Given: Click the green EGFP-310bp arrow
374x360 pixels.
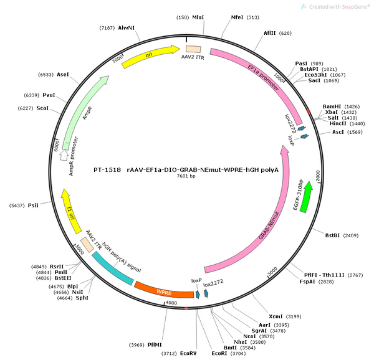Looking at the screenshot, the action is [x=306, y=197].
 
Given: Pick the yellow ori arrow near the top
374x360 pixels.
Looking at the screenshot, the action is [x=150, y=56].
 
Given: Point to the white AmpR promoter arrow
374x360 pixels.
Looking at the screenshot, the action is [x=64, y=155].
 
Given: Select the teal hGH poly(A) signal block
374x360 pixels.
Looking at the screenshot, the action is [x=113, y=268].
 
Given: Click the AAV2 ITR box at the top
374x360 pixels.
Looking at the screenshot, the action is [x=193, y=49].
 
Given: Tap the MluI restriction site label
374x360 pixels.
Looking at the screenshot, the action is [x=198, y=17].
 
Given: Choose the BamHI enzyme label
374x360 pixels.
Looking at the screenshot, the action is [x=332, y=107].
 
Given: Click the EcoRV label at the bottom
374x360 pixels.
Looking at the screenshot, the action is [x=188, y=353].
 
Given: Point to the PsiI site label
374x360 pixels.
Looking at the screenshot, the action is [x=33, y=205].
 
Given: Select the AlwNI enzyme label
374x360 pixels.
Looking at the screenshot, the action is [x=127, y=28].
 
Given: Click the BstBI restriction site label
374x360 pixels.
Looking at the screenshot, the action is [x=332, y=235].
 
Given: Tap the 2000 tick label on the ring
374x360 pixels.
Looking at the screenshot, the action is [x=318, y=176].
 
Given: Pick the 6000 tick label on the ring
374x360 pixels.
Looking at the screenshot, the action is [x=56, y=145].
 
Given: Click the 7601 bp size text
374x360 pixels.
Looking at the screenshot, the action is [x=186, y=176].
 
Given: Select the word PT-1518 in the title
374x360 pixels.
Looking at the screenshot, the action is [x=107, y=170].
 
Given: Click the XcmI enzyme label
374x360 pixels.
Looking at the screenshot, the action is [x=276, y=316].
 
